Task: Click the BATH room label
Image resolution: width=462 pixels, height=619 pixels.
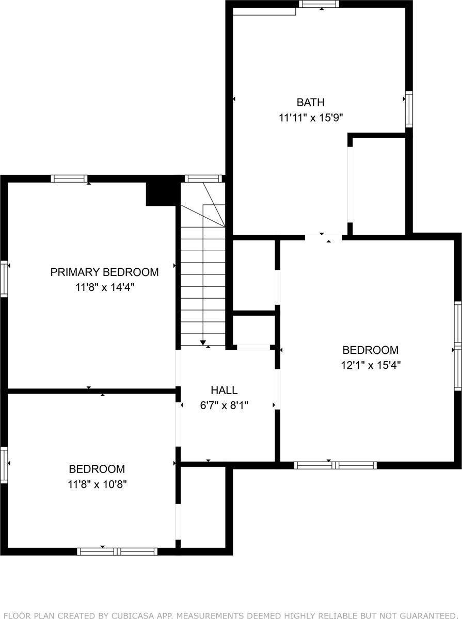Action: click(x=310, y=102)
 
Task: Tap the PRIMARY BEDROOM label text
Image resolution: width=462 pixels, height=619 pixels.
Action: click(x=104, y=272)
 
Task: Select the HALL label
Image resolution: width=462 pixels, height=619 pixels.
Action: click(x=224, y=390)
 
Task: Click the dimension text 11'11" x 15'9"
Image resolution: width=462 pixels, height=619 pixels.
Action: click(x=311, y=118)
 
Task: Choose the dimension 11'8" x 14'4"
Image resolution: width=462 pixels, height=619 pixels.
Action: click(x=104, y=287)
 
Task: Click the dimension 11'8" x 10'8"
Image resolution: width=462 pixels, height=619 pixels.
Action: click(x=97, y=484)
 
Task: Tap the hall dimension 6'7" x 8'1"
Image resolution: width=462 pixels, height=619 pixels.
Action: click(x=224, y=405)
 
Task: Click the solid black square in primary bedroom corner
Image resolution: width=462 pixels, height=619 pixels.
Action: click(x=161, y=191)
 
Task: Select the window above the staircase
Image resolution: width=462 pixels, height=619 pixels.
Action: click(x=203, y=178)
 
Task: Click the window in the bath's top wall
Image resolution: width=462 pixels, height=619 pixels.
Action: click(x=319, y=4)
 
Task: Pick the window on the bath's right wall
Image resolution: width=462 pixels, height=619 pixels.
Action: click(x=409, y=109)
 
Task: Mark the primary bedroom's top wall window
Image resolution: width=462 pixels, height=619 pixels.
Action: click(x=70, y=178)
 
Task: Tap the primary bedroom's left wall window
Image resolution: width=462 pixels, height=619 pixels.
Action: click(x=4, y=279)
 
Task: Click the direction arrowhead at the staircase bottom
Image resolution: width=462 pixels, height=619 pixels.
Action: click(x=203, y=342)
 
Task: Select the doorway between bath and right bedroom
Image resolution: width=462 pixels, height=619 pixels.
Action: click(x=324, y=237)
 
